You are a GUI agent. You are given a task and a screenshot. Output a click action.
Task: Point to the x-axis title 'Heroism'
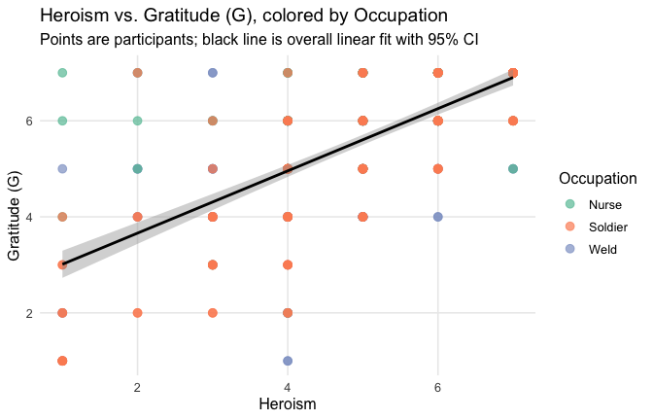point(288,402)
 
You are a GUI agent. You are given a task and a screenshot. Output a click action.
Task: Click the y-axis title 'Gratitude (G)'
point(15,217)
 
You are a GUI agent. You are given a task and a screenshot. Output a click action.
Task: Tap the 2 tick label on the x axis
point(138,386)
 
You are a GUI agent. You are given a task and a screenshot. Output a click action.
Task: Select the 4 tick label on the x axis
point(288,386)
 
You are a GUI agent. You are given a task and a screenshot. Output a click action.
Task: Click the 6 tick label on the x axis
point(438,386)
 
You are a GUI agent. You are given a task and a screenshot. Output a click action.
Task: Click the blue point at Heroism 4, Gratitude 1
point(288,361)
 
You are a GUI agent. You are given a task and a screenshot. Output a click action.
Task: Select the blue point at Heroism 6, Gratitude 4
point(438,217)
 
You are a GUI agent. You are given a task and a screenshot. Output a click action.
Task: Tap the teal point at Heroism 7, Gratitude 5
point(513,169)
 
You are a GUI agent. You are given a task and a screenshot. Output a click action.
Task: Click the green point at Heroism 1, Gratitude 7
point(62,73)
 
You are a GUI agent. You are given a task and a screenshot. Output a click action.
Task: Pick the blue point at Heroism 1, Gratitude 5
point(62,169)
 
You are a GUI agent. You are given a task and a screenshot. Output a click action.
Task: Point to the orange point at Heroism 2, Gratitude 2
point(138,313)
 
